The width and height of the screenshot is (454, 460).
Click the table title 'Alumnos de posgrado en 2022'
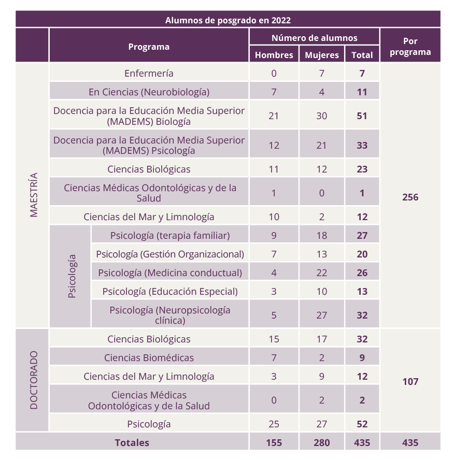pyautogui.click(x=228, y=20)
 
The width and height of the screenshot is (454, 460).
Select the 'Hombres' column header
pyautogui.click(x=274, y=55)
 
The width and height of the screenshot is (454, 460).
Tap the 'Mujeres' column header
pyautogui.click(x=322, y=55)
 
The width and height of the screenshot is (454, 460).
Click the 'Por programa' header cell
pyautogui.click(x=410, y=46)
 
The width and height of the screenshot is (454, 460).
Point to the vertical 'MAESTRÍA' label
pyautogui.click(x=34, y=195)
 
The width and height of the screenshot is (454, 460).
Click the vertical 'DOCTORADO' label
pyautogui.click(x=34, y=380)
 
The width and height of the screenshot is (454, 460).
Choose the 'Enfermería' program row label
pyautogui.click(x=149, y=73)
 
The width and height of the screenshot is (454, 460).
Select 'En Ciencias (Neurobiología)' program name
pyautogui.click(x=149, y=92)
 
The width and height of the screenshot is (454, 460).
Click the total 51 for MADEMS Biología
pyautogui.click(x=362, y=116)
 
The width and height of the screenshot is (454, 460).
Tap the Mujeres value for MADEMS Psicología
pyautogui.click(x=322, y=145)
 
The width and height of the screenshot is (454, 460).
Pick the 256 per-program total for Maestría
pyautogui.click(x=410, y=197)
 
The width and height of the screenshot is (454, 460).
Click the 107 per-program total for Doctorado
pyautogui.click(x=410, y=381)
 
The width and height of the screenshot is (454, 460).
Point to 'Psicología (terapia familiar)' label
pyautogui.click(x=170, y=236)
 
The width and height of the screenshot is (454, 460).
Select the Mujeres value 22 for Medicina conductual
pyautogui.click(x=322, y=273)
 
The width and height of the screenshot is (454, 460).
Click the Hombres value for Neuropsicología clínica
pyautogui.click(x=274, y=315)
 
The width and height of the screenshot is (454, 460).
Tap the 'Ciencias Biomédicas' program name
pyautogui.click(x=149, y=357)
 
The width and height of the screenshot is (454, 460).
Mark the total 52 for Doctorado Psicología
pyautogui.click(x=362, y=424)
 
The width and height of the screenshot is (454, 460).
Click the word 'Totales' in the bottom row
pyautogui.click(x=132, y=443)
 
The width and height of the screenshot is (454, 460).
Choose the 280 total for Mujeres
pyautogui.click(x=322, y=443)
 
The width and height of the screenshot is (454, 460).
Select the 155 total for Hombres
pyautogui.click(x=274, y=443)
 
